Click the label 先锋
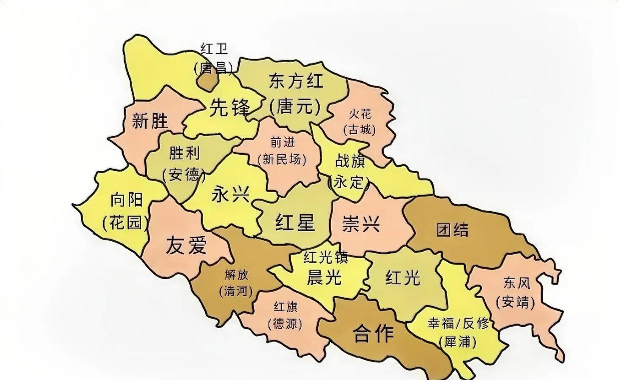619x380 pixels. point(230,107)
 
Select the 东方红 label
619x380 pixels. point(296,80)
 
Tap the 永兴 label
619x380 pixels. point(230,195)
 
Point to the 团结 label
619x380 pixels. point(452,229)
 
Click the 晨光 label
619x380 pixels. point(324,278)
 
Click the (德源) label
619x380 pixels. point(285,324)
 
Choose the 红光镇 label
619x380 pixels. point(325,257)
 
